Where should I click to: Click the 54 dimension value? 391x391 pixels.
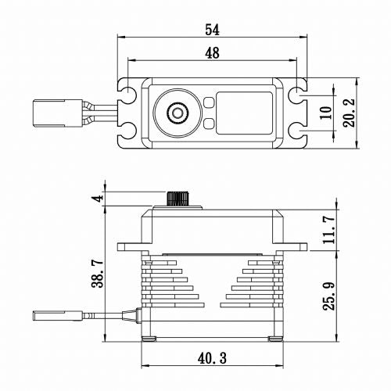tap(212, 30)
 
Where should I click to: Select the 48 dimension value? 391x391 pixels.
tap(212, 53)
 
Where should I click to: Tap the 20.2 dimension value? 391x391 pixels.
tap(350, 113)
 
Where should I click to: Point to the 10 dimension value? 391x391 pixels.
tap(326, 113)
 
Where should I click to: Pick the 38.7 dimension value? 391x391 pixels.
tap(98, 273)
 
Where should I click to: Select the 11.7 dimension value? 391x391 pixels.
tap(329, 230)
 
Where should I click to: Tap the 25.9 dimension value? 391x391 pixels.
tap(329, 296)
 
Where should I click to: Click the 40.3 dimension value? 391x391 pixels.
tap(212, 358)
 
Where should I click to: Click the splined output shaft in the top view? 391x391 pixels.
tap(178, 113)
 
